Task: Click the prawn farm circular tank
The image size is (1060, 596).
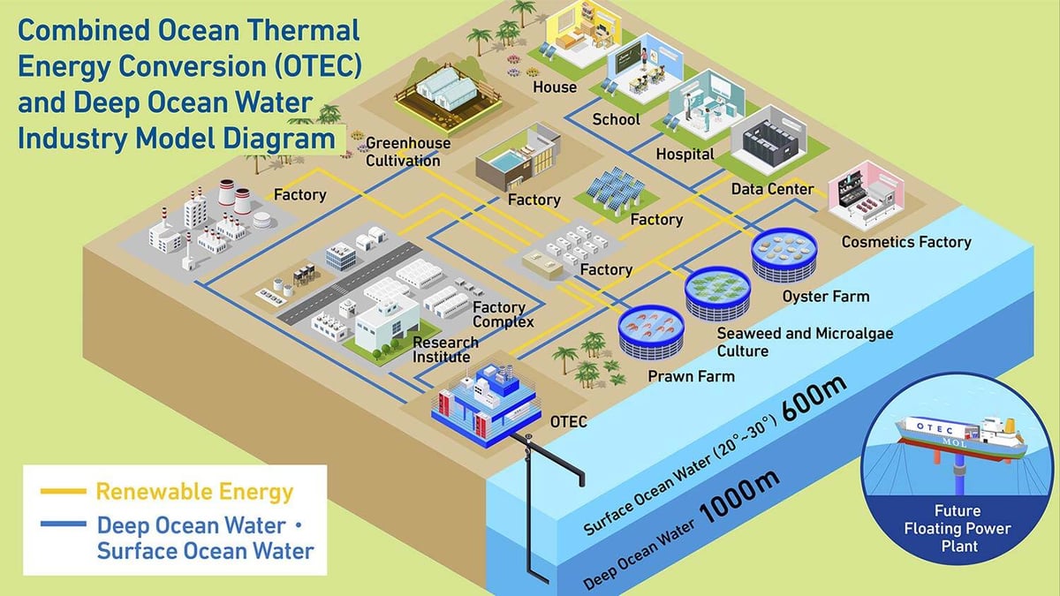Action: coord(651,330)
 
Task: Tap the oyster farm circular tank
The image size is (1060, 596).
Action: coord(784,254)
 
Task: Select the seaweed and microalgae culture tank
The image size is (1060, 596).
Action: coord(718,293)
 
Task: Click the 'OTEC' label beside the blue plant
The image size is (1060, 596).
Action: coord(568,421)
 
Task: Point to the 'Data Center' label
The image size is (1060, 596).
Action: coord(772,189)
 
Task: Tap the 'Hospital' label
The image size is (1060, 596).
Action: coord(685,155)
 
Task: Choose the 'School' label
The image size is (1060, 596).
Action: coord(617,119)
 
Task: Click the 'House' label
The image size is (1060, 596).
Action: coord(555,87)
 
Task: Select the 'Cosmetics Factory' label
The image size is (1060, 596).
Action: coord(906,242)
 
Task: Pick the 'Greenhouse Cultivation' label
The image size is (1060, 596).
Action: coord(408,152)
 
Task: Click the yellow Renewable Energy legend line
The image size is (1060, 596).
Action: coord(64,492)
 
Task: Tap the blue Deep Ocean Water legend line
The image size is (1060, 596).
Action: coord(64,524)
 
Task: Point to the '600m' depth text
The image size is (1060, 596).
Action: coord(814,398)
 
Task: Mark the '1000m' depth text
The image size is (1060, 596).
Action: coord(738,496)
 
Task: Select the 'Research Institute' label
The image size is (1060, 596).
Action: coord(445,350)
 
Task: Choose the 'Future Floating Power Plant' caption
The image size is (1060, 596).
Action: coord(958,529)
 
